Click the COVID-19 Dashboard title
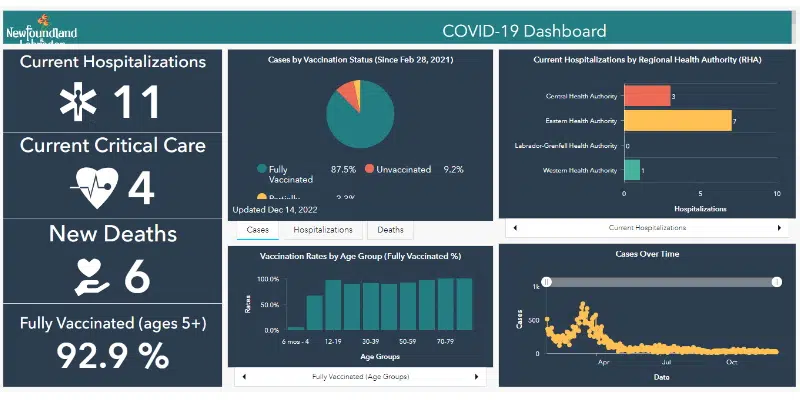point(524,30)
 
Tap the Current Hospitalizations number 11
point(137,102)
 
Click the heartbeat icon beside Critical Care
point(96,186)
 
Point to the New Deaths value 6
point(137,277)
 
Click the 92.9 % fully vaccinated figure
point(111,357)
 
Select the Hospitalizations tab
point(323,230)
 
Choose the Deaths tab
point(391,230)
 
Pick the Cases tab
point(257,230)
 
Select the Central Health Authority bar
point(645,96)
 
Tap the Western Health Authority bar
point(631,170)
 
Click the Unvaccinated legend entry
point(404,170)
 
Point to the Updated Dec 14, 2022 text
point(275,210)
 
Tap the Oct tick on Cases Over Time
point(731,362)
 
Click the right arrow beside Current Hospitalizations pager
point(777,228)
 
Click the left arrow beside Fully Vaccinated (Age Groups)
point(243,377)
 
